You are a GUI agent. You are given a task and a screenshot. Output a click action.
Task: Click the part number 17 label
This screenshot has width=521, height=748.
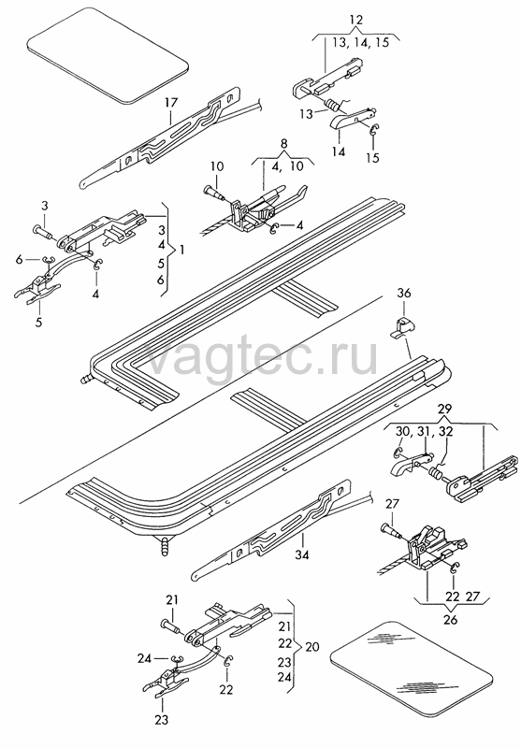(x=171, y=102)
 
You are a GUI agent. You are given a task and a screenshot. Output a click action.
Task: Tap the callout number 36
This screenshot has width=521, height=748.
(x=404, y=293)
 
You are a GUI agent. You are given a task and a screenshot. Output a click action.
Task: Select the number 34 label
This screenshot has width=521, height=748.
(x=301, y=554)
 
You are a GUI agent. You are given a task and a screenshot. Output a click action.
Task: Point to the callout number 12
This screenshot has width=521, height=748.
(x=356, y=20)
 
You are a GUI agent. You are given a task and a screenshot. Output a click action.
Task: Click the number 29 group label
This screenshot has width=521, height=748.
(x=444, y=410)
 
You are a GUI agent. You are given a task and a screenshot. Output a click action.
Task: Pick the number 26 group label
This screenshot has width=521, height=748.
(x=450, y=619)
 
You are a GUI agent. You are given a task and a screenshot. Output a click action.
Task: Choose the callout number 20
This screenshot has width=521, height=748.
(x=311, y=647)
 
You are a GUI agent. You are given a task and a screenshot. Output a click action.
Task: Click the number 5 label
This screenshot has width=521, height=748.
(x=38, y=322)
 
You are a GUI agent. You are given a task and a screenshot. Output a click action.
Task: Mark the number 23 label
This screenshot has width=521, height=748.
(x=162, y=719)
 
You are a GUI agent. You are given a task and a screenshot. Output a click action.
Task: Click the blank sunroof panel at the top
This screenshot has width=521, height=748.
(x=108, y=55)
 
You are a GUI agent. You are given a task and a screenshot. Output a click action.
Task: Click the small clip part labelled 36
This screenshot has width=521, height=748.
(x=402, y=328)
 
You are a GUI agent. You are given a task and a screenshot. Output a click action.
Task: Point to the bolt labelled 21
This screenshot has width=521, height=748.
(x=172, y=626)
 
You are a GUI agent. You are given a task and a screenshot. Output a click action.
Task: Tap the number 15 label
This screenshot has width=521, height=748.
(x=372, y=157)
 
